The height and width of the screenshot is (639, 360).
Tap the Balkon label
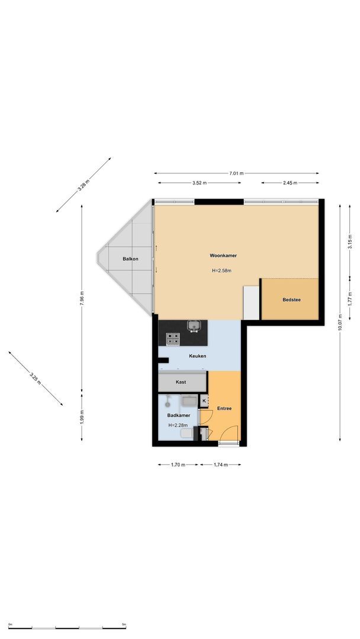(130, 259)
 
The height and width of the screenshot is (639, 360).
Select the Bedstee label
(291, 300)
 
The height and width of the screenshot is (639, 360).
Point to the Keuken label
(197, 356)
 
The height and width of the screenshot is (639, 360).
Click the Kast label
(181, 382)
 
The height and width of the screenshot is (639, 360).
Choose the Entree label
(224, 408)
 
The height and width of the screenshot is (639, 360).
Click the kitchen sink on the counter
(193, 325)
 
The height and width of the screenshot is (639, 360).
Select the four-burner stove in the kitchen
(173, 338)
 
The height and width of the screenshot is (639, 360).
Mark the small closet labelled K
(204, 401)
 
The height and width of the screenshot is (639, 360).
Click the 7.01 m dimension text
(236, 173)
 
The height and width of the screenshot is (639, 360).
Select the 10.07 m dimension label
(340, 322)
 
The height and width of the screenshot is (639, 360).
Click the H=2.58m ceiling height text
(221, 271)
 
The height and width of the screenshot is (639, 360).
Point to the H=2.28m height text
(178, 425)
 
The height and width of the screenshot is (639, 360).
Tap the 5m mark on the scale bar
(124, 624)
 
